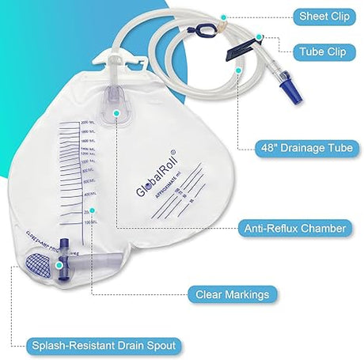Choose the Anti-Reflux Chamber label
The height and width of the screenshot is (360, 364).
[x=294, y=229]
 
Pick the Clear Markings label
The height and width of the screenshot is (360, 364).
[x=233, y=294]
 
